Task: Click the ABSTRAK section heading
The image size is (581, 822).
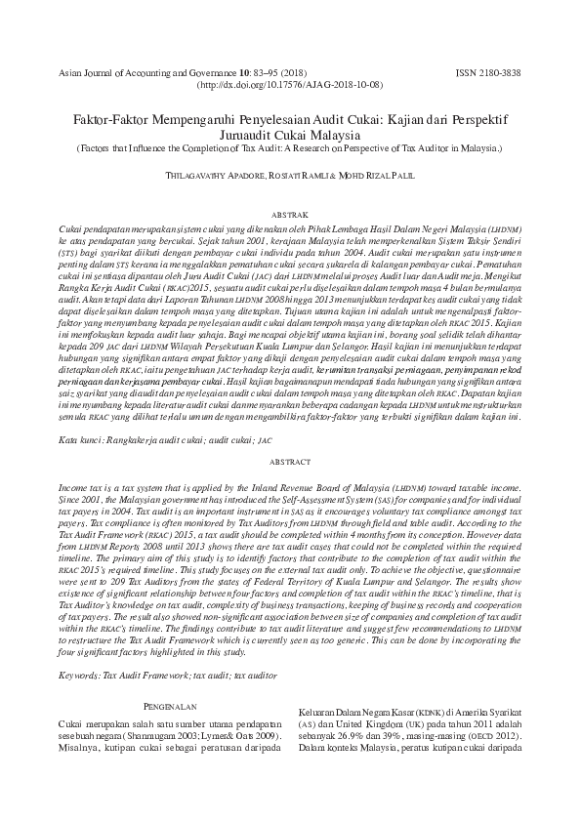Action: coord(290,212)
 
